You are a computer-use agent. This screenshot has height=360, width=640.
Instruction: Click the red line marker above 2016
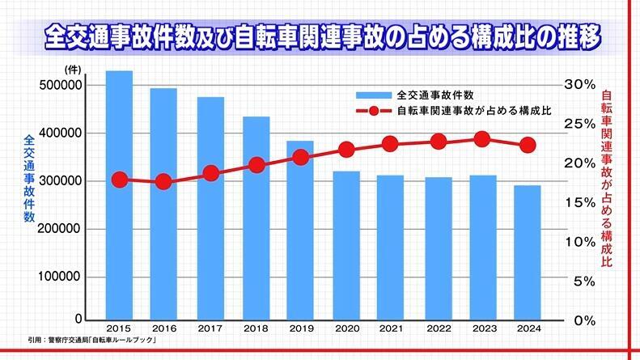click(164, 182)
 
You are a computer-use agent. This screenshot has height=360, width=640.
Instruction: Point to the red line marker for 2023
click(481, 139)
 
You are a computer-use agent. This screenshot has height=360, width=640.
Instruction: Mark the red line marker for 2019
click(300, 157)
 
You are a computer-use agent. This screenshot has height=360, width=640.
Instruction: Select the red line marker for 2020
click(346, 150)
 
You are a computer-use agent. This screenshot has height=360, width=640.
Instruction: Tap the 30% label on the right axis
click(579, 84)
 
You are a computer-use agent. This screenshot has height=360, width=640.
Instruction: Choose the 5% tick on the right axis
click(583, 281)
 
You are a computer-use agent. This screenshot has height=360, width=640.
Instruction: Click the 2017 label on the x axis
click(210, 329)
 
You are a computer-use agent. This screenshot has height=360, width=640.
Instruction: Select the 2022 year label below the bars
click(438, 329)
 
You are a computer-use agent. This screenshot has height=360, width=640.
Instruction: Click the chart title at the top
click(319, 37)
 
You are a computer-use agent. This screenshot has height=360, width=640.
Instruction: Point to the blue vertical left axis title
click(29, 178)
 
